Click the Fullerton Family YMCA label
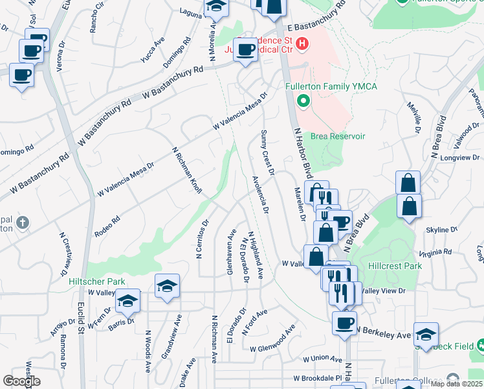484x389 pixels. click(331, 87)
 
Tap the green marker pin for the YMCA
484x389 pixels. click(302, 101)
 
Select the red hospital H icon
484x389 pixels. click(302, 44)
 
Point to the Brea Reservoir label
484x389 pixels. click(338, 136)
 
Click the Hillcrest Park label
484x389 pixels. click(394, 266)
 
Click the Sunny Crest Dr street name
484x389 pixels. click(268, 153)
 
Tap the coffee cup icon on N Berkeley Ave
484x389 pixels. click(344, 323)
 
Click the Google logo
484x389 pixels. click(21, 381)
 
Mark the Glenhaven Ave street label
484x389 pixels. click(230, 252)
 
